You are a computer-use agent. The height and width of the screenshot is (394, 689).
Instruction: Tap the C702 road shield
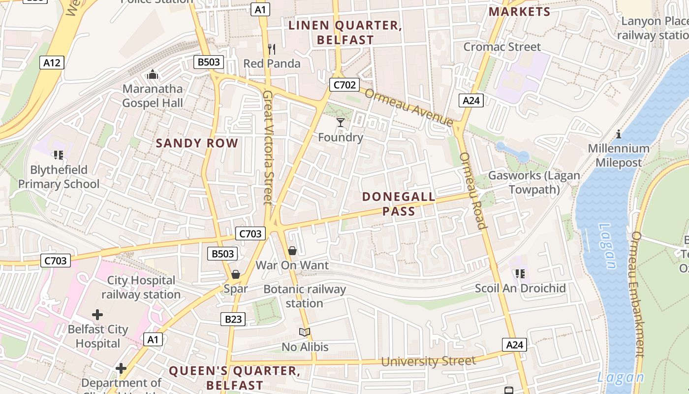coord(344,85)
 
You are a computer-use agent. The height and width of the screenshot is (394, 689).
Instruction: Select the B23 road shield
coord(233,319)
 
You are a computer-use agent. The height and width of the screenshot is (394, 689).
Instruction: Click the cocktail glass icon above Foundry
coord(340,122)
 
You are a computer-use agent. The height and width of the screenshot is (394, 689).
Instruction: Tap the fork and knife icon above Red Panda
coord(272,49)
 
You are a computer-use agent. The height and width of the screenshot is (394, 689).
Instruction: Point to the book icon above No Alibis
coord(305,332)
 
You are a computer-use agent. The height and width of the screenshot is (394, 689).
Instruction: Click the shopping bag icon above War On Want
coord(292,251)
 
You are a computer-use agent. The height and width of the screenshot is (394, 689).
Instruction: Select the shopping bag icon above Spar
coord(236,274)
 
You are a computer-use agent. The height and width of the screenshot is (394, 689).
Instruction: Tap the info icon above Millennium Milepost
coord(619,134)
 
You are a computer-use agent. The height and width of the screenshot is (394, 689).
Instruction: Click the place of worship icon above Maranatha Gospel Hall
coord(153,74)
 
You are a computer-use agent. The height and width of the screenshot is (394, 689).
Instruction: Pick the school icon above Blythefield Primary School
coord(59,156)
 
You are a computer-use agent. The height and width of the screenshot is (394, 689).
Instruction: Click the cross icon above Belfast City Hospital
coord(97,314)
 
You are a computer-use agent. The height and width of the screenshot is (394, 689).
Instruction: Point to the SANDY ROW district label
coord(197,143)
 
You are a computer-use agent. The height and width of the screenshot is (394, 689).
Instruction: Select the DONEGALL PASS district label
coord(399,204)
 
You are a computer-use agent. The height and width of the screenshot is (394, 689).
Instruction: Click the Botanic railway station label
coord(305,296)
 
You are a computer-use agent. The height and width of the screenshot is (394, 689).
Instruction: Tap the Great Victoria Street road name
coord(268,147)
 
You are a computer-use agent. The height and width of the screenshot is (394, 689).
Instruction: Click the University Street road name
coord(428,361)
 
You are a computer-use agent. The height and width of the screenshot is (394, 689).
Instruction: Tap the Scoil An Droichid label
coord(520,288)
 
